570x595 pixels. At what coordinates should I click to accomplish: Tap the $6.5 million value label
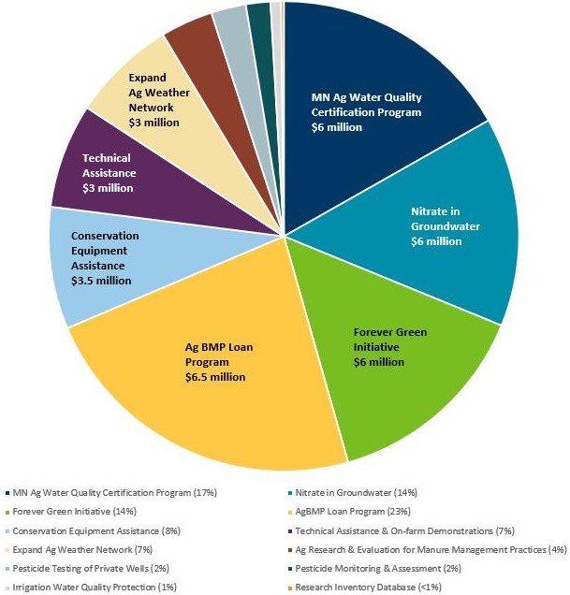click(215, 377)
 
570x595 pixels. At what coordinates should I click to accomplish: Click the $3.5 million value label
click(101, 280)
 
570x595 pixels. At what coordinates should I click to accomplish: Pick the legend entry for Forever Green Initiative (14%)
click(75, 512)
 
